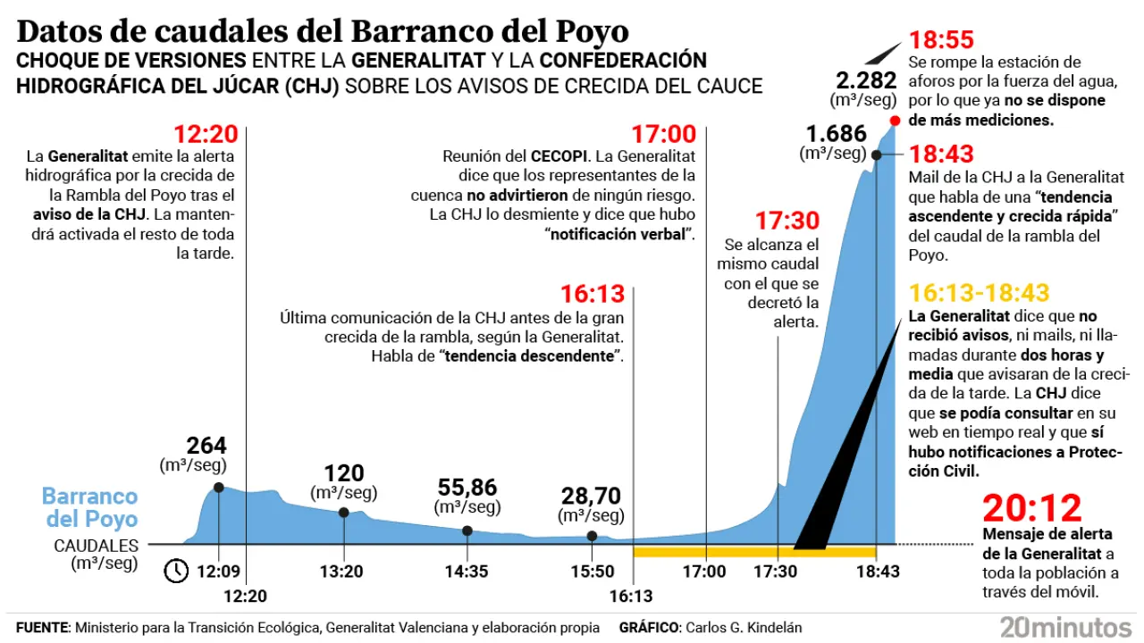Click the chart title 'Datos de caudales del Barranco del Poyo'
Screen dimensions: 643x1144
click(x=323, y=31)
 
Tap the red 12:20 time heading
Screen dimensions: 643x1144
click(x=206, y=135)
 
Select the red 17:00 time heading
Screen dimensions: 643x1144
click(x=663, y=135)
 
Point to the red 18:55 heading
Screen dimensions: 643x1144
click(x=941, y=40)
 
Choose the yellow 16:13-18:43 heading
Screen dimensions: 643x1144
click(x=979, y=293)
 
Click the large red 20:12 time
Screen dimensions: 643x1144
click(x=1032, y=508)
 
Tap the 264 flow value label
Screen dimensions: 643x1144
click(x=206, y=446)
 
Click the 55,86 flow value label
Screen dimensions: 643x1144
click(x=467, y=488)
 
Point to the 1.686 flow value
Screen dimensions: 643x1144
click(x=837, y=134)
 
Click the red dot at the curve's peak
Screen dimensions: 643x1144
click(x=895, y=121)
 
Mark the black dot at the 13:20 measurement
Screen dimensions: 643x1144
click(x=344, y=513)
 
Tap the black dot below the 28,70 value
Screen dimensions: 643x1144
click(x=592, y=536)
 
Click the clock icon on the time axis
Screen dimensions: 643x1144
click(x=176, y=570)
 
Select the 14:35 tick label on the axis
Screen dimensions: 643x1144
click(x=467, y=572)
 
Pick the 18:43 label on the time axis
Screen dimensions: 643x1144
click(x=877, y=572)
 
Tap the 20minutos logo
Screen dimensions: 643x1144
click(x=1065, y=625)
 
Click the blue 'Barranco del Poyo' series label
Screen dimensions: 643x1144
click(x=90, y=507)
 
